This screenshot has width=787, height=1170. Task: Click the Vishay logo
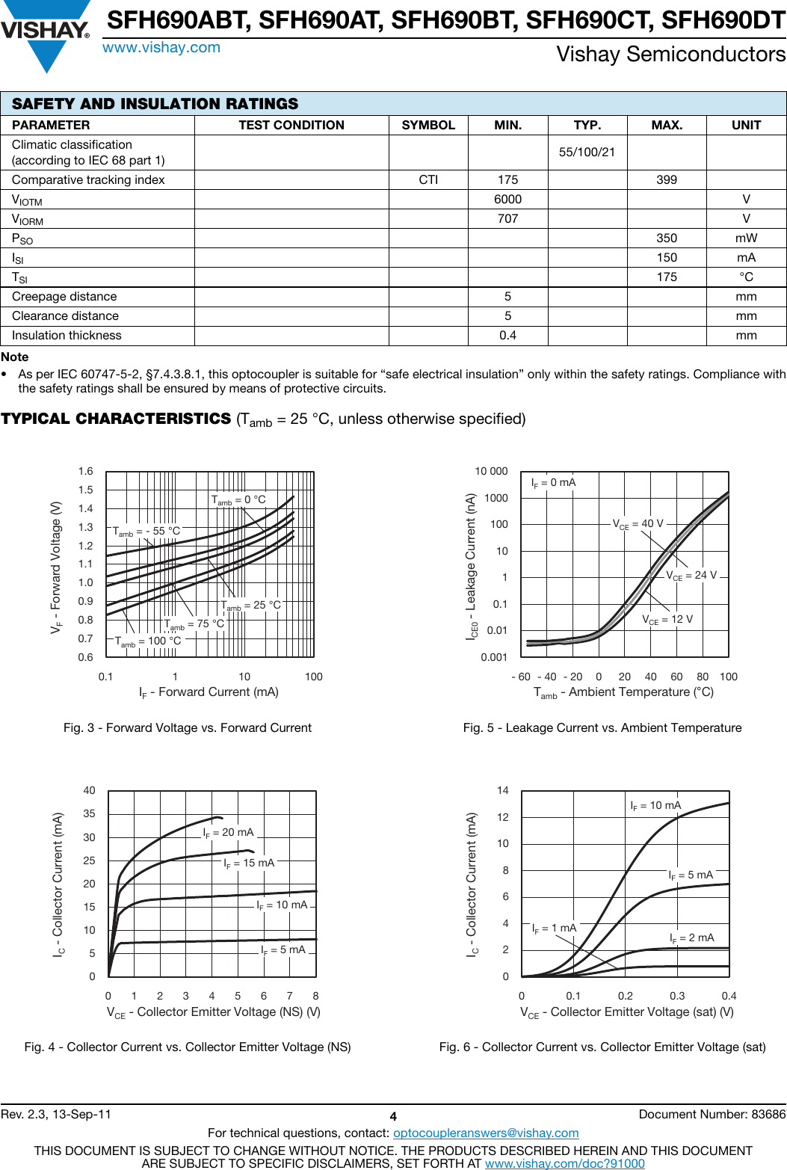click(x=45, y=34)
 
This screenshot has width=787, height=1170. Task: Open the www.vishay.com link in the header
click(x=161, y=48)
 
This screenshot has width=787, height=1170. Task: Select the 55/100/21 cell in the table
click(x=587, y=152)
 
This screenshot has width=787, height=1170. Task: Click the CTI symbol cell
click(x=428, y=179)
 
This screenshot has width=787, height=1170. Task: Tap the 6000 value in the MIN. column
click(x=507, y=199)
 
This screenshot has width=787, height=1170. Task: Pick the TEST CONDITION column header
click(x=291, y=125)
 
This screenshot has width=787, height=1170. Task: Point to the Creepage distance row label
click(x=64, y=296)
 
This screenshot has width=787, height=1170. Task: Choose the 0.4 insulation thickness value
click(x=507, y=335)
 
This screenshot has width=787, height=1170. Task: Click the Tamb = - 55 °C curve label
click(x=146, y=531)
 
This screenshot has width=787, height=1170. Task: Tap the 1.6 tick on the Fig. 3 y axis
click(x=86, y=471)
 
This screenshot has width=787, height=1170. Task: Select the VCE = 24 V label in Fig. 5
click(x=691, y=575)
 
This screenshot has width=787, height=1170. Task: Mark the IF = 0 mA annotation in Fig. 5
click(x=553, y=483)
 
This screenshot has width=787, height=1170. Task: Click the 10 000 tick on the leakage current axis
click(x=491, y=471)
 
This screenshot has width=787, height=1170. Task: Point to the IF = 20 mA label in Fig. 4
click(x=229, y=832)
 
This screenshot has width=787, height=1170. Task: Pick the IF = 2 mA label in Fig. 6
click(x=692, y=937)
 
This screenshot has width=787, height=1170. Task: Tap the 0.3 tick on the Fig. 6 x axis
click(x=677, y=996)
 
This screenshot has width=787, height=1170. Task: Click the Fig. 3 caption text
click(x=188, y=727)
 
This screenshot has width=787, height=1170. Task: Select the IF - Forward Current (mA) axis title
click(x=209, y=692)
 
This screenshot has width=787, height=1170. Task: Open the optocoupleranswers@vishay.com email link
click(x=486, y=1133)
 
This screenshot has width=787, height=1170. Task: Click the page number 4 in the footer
click(x=393, y=1116)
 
